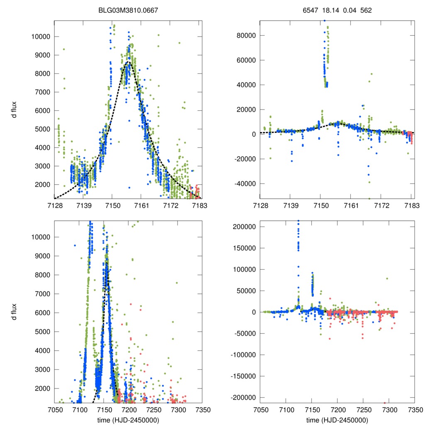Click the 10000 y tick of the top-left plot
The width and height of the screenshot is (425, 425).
coord(41,37)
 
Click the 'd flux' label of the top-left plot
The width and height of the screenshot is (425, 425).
coord(15,110)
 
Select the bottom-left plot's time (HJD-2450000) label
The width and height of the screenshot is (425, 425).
coord(128,420)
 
